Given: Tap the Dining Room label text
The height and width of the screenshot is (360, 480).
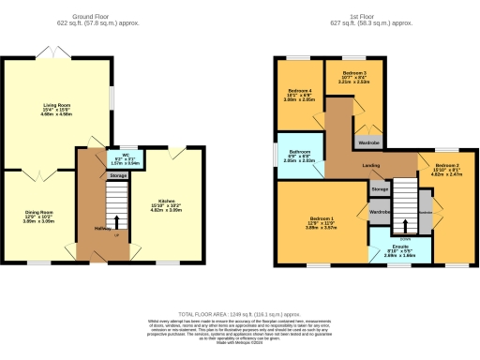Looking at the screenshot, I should click(38, 215).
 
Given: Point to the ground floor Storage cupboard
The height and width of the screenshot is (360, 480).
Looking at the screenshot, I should click(117, 175).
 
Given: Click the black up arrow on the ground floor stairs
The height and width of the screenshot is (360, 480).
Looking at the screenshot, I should click(115, 223).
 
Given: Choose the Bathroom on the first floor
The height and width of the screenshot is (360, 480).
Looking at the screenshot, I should click(300, 155).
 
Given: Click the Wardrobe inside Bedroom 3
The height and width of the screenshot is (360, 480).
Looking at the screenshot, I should click(367, 143).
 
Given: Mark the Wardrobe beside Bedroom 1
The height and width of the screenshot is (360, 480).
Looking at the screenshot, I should click(379, 212).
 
